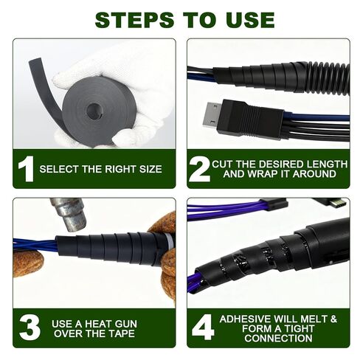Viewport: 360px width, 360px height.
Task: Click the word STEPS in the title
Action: tap(134, 20)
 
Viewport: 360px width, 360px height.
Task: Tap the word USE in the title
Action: tap(251, 20)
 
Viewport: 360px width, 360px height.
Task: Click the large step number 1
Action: tap(27, 169)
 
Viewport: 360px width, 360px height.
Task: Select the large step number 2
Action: tap(199, 170)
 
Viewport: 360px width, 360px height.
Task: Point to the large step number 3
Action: tap(30, 328)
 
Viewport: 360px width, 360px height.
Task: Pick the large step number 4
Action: tap(203, 328)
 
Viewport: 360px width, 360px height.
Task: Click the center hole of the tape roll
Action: tap(94, 111)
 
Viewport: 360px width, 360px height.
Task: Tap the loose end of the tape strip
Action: tap(35, 61)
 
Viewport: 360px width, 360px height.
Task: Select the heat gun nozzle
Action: tap(69, 213)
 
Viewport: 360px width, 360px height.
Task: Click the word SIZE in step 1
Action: tap(150, 169)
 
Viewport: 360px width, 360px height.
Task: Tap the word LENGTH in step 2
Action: tap(326, 165)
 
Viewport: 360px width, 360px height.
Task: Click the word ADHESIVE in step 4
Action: tap(246, 319)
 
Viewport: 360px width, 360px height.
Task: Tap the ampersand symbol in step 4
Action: tap(333, 319)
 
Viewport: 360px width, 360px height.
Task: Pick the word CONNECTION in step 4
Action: tap(278, 339)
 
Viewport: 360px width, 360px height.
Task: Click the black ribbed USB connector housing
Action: tap(253, 120)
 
